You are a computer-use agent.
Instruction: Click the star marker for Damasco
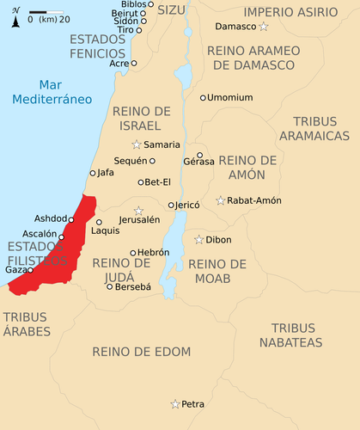pyautogui.click(x=264, y=28)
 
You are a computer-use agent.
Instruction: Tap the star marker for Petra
pyautogui.click(x=175, y=403)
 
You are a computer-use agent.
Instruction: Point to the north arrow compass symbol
pyautogui.click(x=15, y=16)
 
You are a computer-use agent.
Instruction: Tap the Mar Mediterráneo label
pyautogui.click(x=52, y=92)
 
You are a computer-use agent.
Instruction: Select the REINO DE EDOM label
pyautogui.click(x=141, y=352)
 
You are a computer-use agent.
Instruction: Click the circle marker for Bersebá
pyautogui.click(x=109, y=286)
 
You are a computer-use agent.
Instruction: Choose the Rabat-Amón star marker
pyautogui.click(x=221, y=200)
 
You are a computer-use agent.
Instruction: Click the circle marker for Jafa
pyautogui.click(x=93, y=173)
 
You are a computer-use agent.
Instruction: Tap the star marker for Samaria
pyautogui.click(x=136, y=144)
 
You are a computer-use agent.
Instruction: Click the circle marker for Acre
pyautogui.click(x=133, y=63)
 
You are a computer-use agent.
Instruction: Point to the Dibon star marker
pyautogui.click(x=198, y=240)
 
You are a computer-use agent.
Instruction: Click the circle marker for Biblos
pyautogui.click(x=150, y=4)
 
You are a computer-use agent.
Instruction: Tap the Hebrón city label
pyautogui.click(x=153, y=253)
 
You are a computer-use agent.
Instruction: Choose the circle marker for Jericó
pyautogui.click(x=171, y=205)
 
